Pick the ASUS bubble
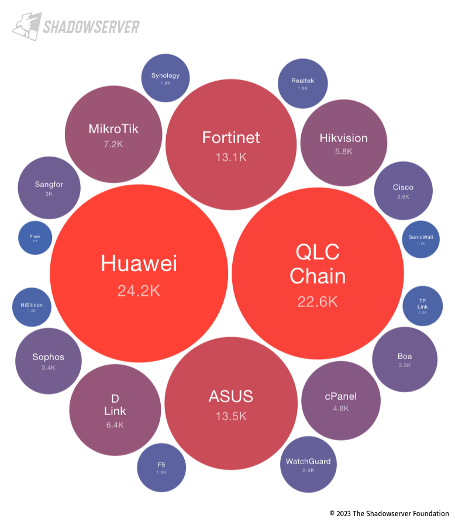coord(231,403)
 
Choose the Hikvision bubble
coord(343,143)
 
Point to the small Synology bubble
coord(166,78)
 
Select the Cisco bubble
coord(403,191)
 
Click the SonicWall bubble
coord(421,239)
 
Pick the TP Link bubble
coord(423,306)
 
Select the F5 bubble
coord(161,468)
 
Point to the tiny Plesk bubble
coord(35,238)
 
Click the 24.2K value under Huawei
coord(139,291)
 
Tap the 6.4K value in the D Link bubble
coord(115,425)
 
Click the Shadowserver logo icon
coord(26,27)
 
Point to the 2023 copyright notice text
coord(389,513)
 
